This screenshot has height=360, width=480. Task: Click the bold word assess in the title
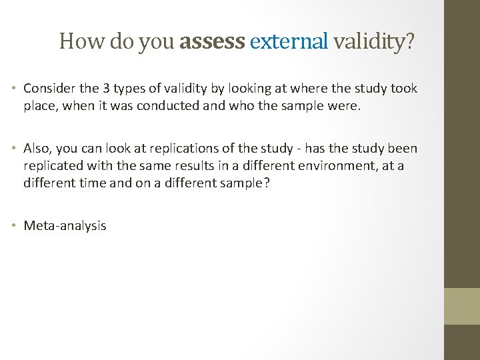coord(212,42)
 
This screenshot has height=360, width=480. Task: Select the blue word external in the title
coord(289,42)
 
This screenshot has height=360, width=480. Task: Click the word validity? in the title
coord(374,42)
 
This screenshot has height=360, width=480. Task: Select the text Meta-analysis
coord(65,225)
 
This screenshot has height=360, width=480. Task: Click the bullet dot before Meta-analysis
coord(15,225)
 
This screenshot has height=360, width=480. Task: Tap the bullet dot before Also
coord(15,149)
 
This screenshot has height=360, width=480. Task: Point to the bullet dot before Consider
coord(15,89)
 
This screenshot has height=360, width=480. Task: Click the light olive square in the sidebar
coord(463,306)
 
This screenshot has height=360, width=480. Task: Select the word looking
coord(250,88)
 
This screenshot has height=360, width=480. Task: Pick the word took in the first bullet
coord(404,88)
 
